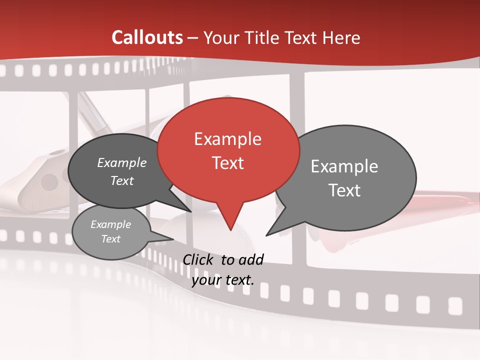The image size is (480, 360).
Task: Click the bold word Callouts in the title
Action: (147, 37)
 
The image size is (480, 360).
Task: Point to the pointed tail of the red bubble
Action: (230, 227)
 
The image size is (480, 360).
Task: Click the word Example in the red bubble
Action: (227, 139)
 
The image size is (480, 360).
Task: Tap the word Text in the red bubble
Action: (228, 163)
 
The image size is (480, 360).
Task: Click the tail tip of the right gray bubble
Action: (267, 234)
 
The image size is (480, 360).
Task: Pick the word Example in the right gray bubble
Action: (344, 166)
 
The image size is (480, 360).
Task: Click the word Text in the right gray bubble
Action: (344, 190)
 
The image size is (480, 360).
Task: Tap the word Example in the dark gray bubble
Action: (122, 163)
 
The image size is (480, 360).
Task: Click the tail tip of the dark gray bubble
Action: (190, 211)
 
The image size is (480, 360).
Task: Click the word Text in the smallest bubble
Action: (111, 239)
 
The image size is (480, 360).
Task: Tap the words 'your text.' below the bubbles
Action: (223, 280)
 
